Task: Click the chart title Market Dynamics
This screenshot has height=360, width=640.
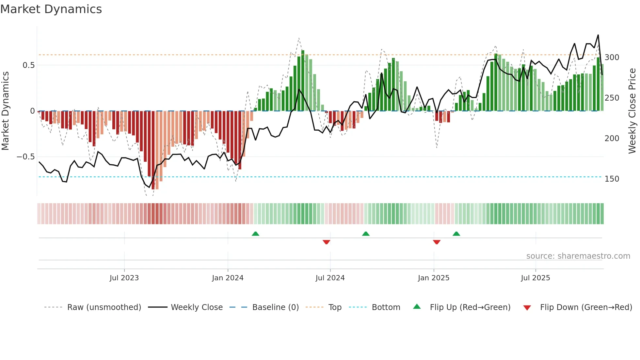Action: [51, 9]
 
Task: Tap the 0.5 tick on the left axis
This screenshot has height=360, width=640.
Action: [28, 65]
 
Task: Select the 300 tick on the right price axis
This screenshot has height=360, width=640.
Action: [612, 57]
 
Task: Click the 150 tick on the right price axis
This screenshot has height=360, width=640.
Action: [612, 179]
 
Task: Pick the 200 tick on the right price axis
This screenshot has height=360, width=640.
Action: [612, 139]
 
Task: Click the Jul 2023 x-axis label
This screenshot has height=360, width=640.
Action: [124, 278]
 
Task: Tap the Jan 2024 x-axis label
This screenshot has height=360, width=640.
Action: [228, 278]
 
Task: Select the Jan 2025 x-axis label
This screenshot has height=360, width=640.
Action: [434, 278]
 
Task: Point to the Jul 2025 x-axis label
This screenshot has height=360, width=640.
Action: [536, 278]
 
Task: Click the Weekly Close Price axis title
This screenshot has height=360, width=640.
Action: [632, 111]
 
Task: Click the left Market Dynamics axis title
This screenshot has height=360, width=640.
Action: [5, 111]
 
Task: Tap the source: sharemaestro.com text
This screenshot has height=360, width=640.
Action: [578, 256]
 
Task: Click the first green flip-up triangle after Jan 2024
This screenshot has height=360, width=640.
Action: [255, 234]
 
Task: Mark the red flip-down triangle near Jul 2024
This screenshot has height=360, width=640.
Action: [326, 242]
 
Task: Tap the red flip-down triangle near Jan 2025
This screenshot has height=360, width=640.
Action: [437, 242]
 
